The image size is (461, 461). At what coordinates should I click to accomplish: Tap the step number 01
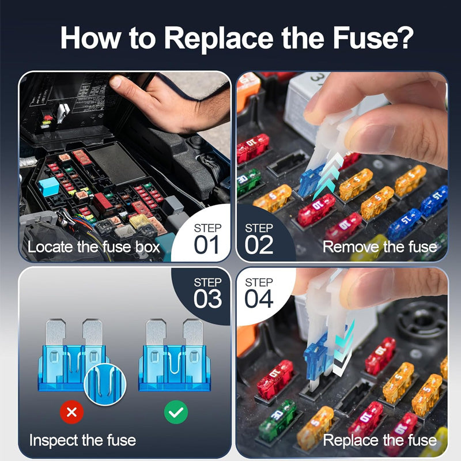point(206,244)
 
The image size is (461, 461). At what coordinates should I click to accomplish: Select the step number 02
point(259,244)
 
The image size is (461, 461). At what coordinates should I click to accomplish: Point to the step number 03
point(207,298)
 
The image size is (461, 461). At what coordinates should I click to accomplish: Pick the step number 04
point(259,298)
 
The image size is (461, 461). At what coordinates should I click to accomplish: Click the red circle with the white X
point(71,411)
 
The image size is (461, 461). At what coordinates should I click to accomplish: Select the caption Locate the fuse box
point(94,248)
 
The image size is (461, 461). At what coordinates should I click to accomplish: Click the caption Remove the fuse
point(379,248)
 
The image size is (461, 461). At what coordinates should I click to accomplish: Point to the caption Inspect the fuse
point(82,441)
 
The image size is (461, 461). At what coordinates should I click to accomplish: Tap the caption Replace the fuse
point(379,441)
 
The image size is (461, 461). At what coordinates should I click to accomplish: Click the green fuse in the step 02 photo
point(248,180)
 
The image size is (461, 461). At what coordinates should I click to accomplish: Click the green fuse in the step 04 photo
point(277,419)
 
